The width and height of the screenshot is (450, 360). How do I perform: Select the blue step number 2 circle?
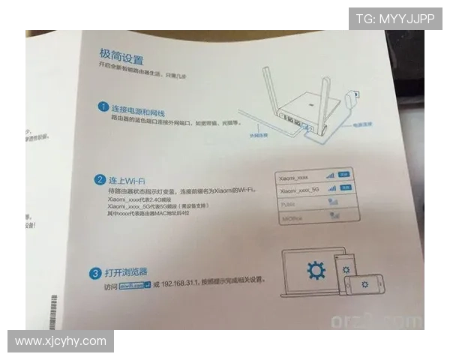[99, 180]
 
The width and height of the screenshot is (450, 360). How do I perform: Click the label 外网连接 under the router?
[258, 137]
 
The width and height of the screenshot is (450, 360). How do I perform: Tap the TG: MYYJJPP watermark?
[395, 19]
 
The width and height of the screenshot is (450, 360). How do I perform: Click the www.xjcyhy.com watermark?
[61, 341]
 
